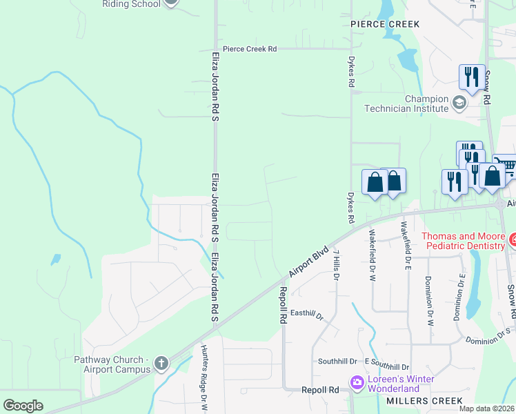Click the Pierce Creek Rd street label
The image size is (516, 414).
pyautogui.click(x=249, y=49)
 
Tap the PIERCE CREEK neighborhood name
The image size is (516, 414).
pyautogui.click(x=385, y=24)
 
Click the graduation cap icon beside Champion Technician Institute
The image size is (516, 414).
pyautogui.click(x=459, y=103)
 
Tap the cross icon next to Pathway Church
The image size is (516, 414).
pyautogui.click(x=161, y=363)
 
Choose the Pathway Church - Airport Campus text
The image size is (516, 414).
pyautogui.click(x=112, y=364)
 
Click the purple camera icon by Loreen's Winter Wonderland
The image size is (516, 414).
pyautogui.click(x=357, y=382)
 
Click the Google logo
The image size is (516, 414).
pyautogui.click(x=23, y=405)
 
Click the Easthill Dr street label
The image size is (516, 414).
pyautogui.click(x=307, y=315)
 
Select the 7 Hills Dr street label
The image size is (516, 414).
pyautogui.click(x=337, y=264)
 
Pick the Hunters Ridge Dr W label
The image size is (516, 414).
pyautogui.click(x=204, y=388)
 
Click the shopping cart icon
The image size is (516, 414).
pyautogui.click(x=505, y=166)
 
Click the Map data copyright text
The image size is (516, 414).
pyautogui.click(x=486, y=408)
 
